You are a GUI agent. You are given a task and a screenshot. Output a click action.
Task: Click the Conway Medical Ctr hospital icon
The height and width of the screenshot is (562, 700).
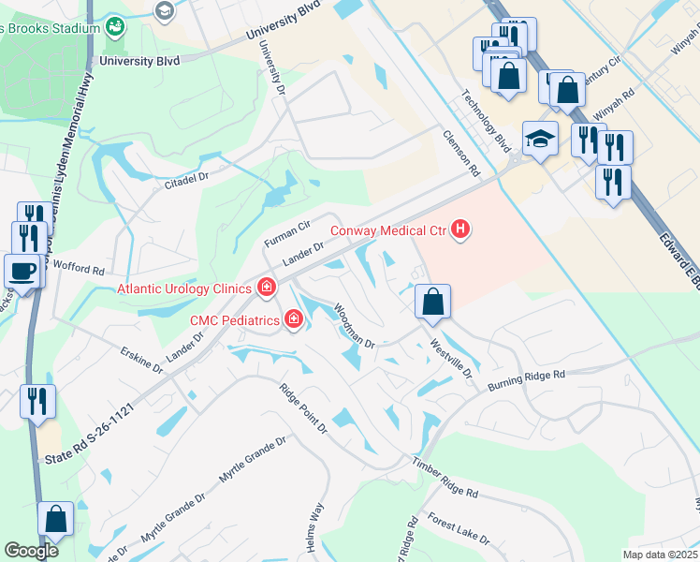point(459,229)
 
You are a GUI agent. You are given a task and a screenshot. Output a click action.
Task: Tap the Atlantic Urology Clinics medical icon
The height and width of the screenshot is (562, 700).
point(267,288)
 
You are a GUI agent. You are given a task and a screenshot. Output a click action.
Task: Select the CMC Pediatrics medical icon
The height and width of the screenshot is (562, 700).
point(294,320)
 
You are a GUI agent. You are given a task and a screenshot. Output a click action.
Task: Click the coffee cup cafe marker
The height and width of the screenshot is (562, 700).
point(22,271)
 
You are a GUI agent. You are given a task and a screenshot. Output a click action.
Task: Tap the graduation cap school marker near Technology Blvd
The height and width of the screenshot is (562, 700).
point(540,140)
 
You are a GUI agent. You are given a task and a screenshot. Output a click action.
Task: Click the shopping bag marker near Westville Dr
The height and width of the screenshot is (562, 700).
point(432,303)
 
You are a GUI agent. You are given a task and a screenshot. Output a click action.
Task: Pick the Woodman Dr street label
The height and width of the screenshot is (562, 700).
point(354,327)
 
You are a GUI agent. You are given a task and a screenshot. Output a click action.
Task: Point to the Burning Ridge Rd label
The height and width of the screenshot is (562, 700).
point(526,380)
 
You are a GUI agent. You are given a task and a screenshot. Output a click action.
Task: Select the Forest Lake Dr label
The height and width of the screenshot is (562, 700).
point(459,527)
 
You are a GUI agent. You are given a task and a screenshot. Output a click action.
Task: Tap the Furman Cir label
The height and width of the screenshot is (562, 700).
point(286,233)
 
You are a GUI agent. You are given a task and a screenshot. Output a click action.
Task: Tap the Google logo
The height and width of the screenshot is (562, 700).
point(32,551)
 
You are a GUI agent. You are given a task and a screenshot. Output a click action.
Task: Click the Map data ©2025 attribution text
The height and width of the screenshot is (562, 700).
point(659,555)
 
